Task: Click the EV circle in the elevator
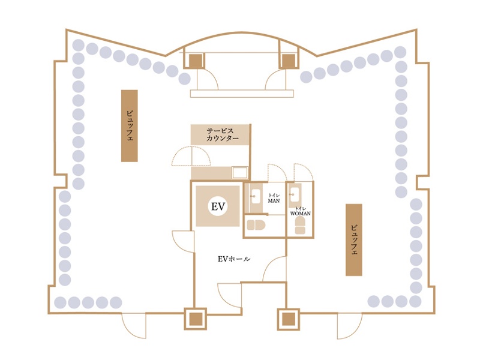pos(218,206)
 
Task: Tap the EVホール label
pos(234,259)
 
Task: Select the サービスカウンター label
pos(223,134)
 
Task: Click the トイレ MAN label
pos(274,198)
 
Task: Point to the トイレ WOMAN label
pos(301,211)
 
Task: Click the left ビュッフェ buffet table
pos(129,125)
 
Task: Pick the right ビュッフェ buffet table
pos(354,239)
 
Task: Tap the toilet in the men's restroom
pos(256,225)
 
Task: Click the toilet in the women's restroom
pos(301,226)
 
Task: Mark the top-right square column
pos(288,61)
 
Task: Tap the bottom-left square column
pos(196,319)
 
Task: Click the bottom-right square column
pos(289,319)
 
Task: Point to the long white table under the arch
pos(242,94)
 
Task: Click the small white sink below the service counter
pos(239,173)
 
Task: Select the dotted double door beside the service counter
pos(191,156)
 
